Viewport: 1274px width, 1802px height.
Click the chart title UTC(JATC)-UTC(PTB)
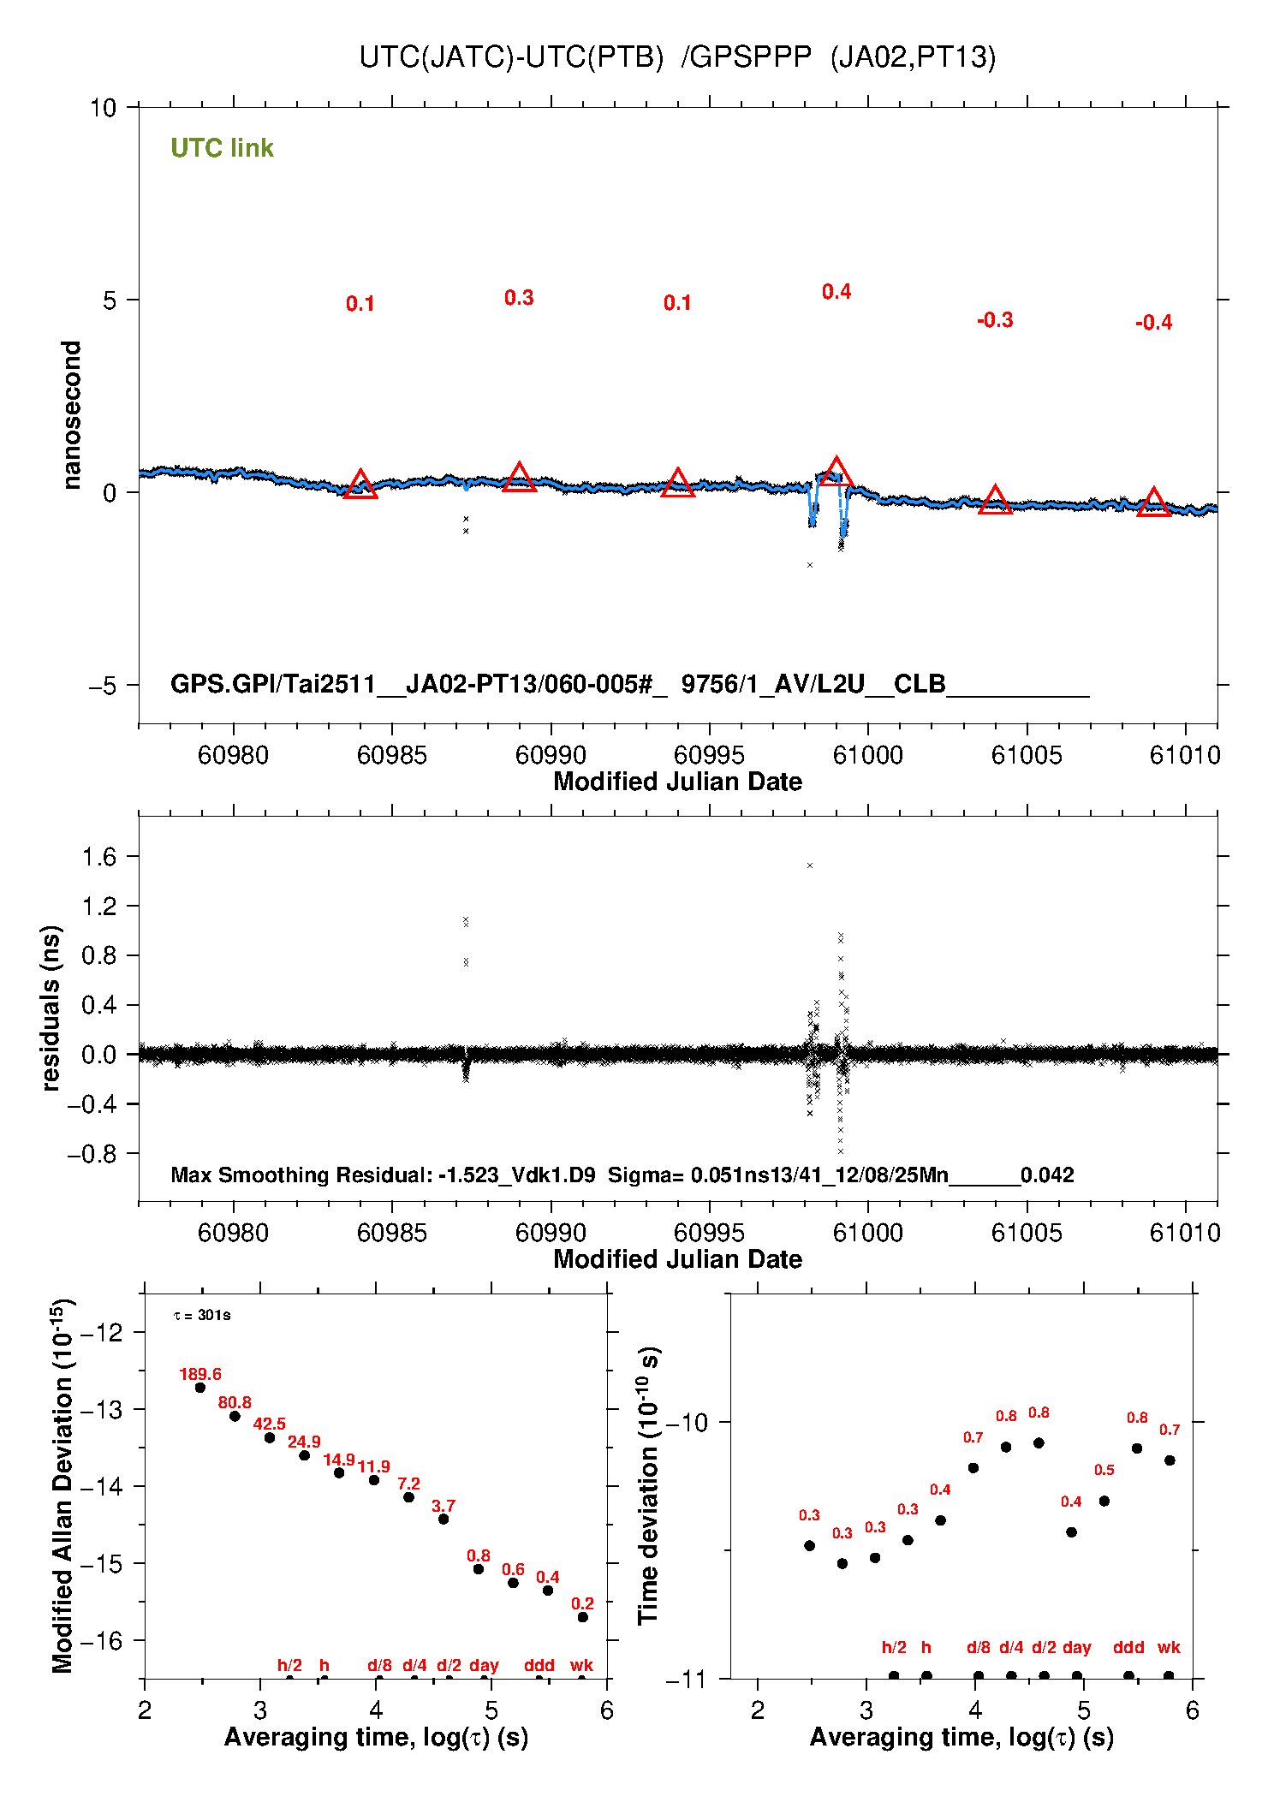click(x=511, y=57)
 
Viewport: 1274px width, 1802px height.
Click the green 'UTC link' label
click(x=222, y=148)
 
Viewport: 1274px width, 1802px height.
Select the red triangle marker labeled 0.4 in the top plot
click(x=836, y=473)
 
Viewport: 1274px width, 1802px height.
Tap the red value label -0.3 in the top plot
click(x=995, y=320)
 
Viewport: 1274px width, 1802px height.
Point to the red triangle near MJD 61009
click(x=1153, y=503)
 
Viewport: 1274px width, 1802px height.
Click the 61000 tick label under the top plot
click(x=868, y=755)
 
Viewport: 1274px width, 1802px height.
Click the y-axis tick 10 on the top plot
click(x=103, y=108)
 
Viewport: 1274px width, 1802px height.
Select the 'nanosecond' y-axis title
click(x=72, y=415)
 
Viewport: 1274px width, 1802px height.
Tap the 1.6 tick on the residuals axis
click(x=99, y=857)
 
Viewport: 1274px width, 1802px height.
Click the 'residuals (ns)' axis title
click(x=51, y=1008)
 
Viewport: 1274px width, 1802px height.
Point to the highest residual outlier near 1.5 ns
click(x=810, y=865)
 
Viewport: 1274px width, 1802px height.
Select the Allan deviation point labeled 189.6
click(x=200, y=1388)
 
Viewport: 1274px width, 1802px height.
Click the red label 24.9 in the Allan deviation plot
click(x=304, y=1442)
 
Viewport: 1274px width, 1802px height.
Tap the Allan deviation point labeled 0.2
click(x=583, y=1617)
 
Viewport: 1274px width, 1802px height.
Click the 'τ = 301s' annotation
click(x=202, y=1315)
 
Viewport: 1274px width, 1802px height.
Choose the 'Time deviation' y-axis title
click(x=649, y=1486)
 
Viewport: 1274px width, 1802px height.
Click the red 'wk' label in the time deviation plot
click(x=1169, y=1647)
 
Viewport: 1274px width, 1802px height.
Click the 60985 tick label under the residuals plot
click(x=392, y=1233)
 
